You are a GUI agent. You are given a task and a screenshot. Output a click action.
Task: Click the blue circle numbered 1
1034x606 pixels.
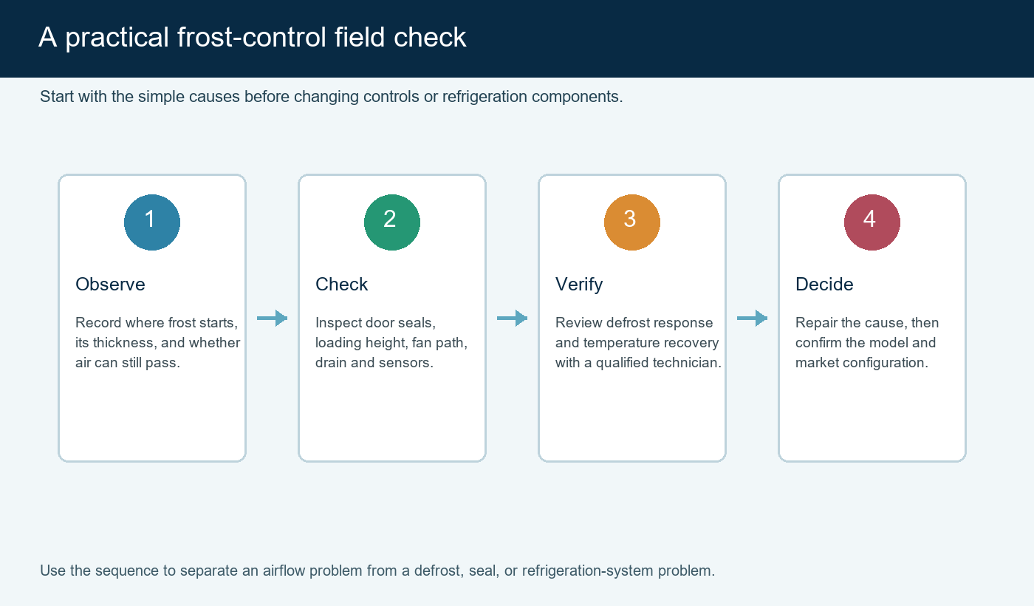click(152, 222)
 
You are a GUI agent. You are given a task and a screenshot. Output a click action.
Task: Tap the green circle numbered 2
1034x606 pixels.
click(392, 222)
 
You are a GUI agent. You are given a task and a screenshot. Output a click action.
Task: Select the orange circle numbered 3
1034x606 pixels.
click(632, 222)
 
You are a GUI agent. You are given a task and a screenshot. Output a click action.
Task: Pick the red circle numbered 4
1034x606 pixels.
click(872, 222)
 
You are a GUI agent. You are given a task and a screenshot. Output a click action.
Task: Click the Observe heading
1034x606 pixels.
click(110, 284)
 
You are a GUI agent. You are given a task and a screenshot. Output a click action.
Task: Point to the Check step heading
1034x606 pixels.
click(341, 284)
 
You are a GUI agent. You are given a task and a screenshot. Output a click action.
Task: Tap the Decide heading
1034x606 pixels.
click(824, 284)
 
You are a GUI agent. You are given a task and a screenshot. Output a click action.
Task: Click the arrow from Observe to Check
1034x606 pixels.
click(272, 318)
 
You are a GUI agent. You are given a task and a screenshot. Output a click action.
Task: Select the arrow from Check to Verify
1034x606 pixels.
click(512, 318)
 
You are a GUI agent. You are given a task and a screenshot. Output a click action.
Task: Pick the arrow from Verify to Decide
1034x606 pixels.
click(752, 318)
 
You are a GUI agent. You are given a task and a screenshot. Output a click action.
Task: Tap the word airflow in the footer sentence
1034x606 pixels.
click(284, 571)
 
